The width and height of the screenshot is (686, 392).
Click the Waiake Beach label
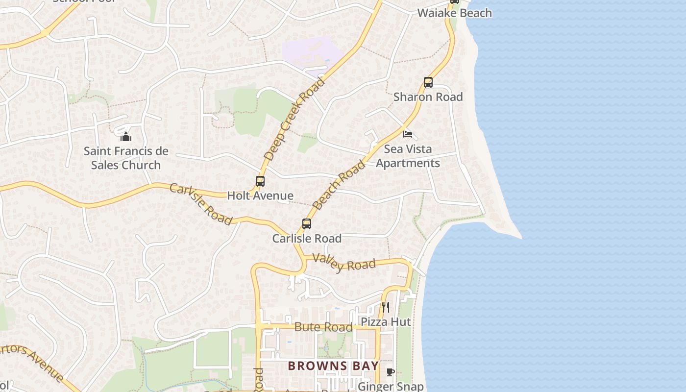tap(454, 13)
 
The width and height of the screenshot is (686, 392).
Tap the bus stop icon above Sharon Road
tap(428, 82)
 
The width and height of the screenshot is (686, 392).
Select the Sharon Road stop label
tap(428, 97)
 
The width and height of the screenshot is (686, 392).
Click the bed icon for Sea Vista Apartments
tap(407, 134)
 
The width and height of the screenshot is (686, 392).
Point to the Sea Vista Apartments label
tap(408, 156)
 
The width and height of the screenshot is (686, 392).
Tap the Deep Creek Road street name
tap(294, 119)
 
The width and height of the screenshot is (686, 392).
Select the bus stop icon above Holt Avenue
tap(260, 181)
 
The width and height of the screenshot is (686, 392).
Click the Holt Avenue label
tap(260, 196)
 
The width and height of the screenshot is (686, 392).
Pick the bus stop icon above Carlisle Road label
tap(307, 224)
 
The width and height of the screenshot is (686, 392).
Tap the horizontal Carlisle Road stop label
tap(307, 239)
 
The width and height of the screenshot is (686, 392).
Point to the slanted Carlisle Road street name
tap(201, 204)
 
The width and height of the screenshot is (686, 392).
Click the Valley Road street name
tap(343, 263)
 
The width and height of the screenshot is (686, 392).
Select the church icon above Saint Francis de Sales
tap(126, 136)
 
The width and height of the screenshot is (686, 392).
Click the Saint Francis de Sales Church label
tap(126, 158)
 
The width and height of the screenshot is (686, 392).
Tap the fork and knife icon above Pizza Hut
tap(386, 307)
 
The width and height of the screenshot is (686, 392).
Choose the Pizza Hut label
tap(386, 322)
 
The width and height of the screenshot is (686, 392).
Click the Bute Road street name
tap(323, 327)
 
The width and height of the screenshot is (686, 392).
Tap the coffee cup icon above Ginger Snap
tap(391, 372)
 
